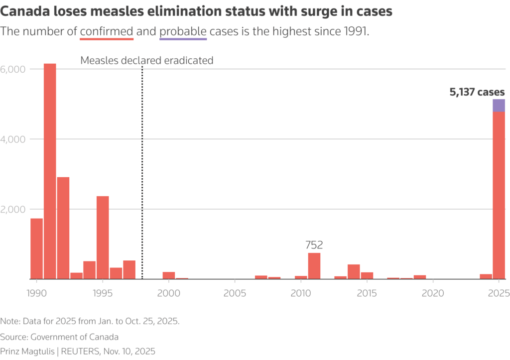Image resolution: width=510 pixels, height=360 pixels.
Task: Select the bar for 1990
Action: [x=36, y=248]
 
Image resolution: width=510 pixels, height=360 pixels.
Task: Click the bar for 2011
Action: [x=314, y=266]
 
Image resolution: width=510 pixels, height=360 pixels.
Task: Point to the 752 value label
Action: [x=314, y=245]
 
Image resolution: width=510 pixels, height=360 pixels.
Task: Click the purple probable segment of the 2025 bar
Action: [x=499, y=105]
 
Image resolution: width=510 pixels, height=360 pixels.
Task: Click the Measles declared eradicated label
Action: [x=146, y=61]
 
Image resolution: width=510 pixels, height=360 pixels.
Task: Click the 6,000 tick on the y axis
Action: [x=12, y=69]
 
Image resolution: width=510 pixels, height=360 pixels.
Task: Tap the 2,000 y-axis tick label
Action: [x=12, y=209]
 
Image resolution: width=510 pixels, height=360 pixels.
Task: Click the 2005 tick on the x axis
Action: [x=234, y=293]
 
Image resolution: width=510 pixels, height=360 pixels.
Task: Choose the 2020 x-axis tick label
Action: [x=432, y=293]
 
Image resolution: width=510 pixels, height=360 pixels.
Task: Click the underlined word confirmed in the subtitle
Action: [x=106, y=31]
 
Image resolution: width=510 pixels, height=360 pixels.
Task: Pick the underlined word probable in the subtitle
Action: [x=182, y=31]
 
